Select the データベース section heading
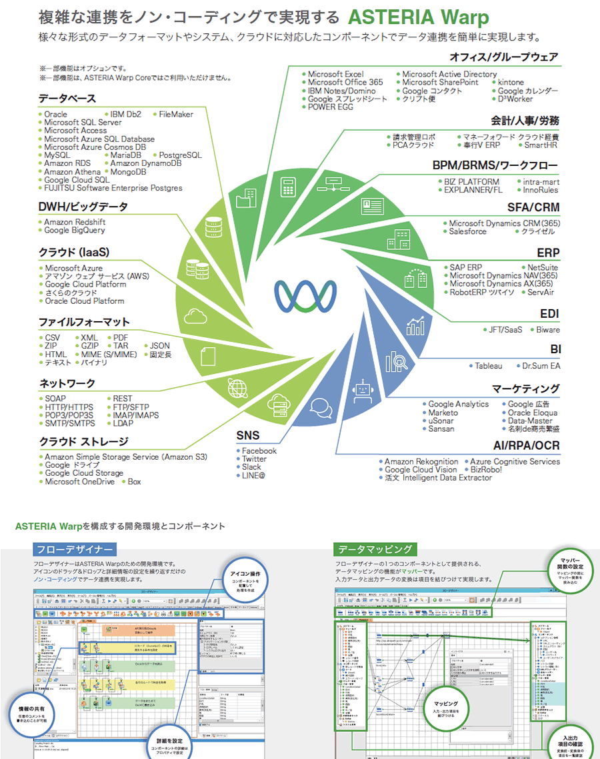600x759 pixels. pos(67,99)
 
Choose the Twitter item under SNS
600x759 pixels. pos(254,459)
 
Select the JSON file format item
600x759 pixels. pos(160,346)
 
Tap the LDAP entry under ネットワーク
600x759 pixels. pos(123,423)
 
